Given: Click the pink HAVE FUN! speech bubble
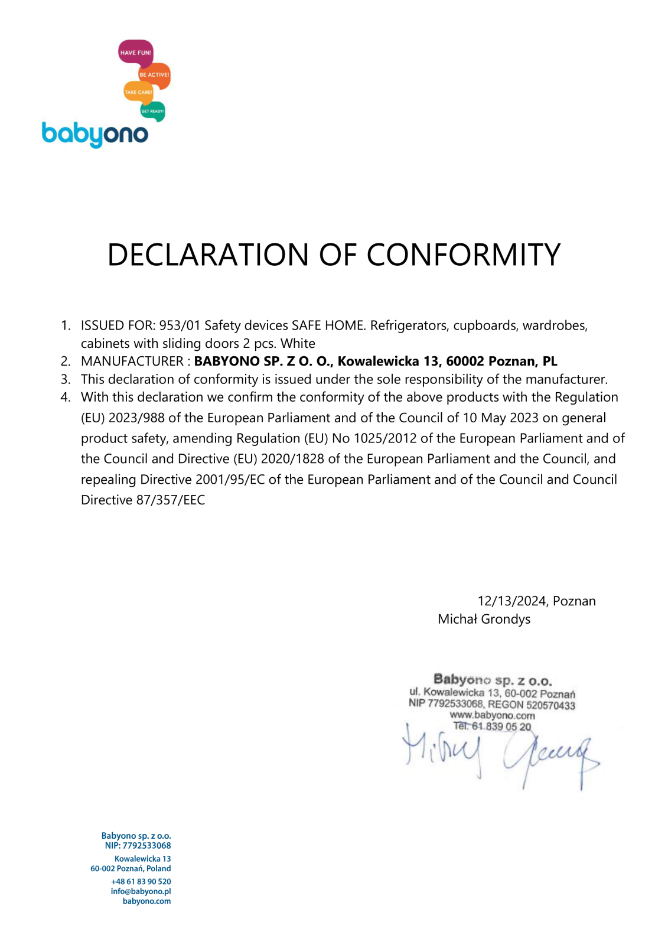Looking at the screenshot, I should click(x=135, y=52).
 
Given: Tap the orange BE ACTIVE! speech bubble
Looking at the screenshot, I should click(x=154, y=75).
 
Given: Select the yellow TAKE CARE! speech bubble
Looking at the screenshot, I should click(x=138, y=92).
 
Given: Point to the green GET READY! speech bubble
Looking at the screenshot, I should click(x=152, y=111).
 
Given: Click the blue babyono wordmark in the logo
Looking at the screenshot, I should click(x=95, y=134).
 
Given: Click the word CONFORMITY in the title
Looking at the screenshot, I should click(x=463, y=255).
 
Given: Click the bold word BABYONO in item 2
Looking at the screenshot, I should click(x=227, y=361).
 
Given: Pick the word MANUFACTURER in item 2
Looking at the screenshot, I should click(x=132, y=361).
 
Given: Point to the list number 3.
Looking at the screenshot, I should click(x=66, y=379).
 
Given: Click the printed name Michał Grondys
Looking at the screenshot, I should click(x=484, y=619).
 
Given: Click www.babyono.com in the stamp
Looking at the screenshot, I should click(x=492, y=715).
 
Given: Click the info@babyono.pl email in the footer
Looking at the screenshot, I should click(x=141, y=891).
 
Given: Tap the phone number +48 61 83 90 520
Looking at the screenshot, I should click(x=141, y=881).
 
